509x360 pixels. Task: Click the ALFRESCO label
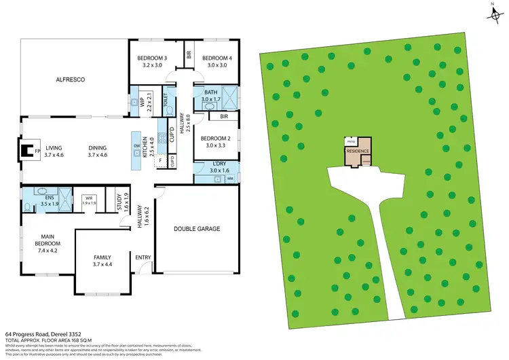click(69, 80)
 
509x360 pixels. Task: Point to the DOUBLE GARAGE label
click(197, 229)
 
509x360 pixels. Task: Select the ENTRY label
click(143, 257)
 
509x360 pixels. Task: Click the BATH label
click(211, 92)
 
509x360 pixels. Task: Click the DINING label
click(99, 147)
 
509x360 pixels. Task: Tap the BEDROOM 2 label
click(215, 139)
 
